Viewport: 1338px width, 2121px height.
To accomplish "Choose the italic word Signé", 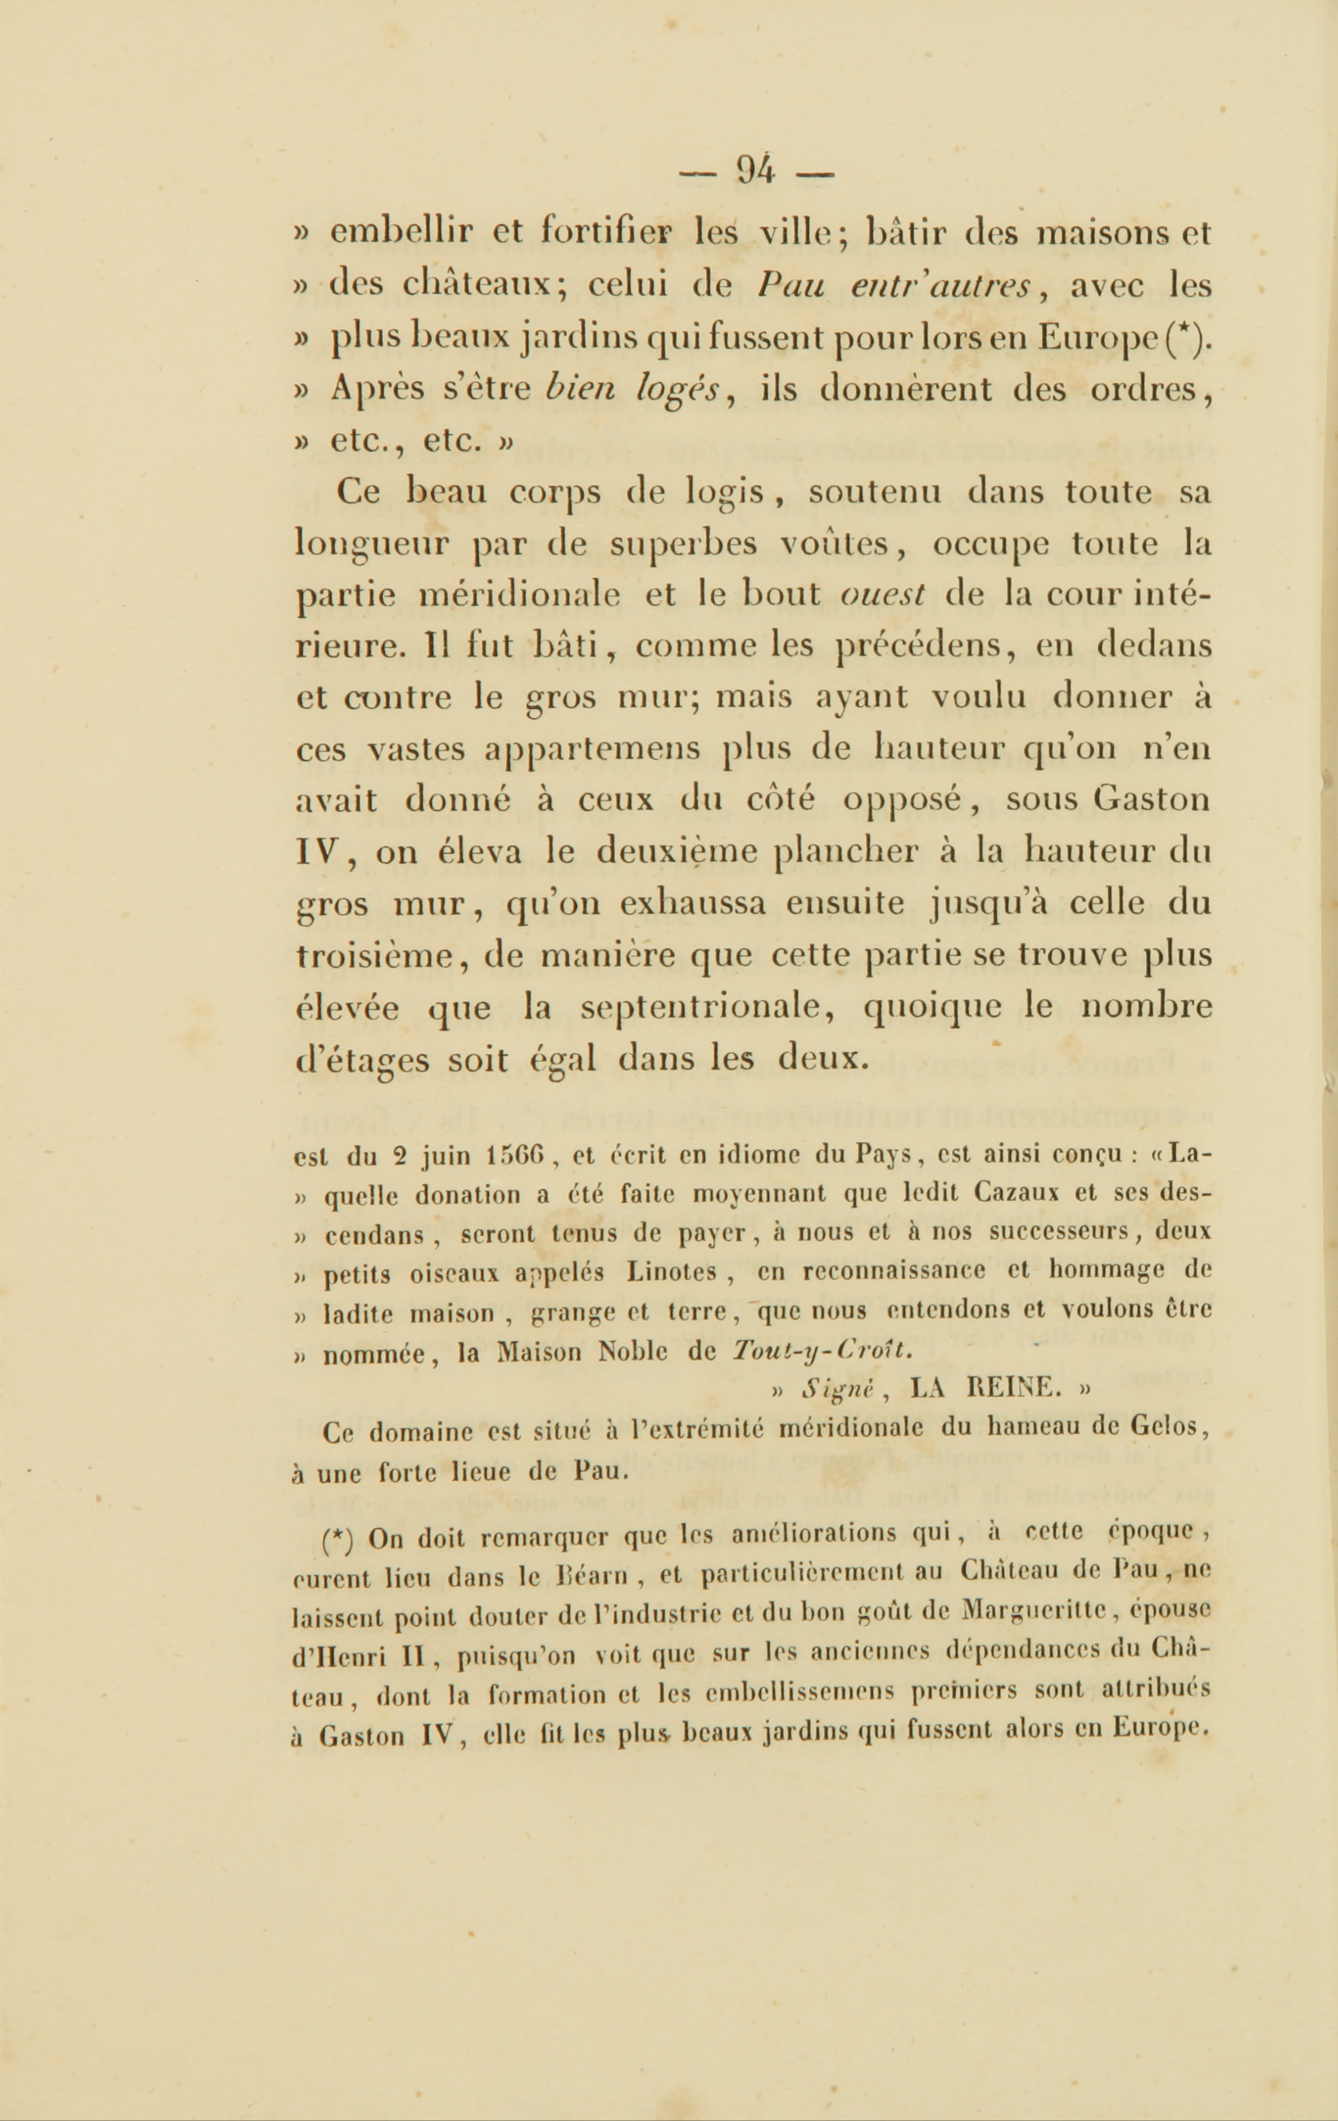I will (x=838, y=1390).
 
